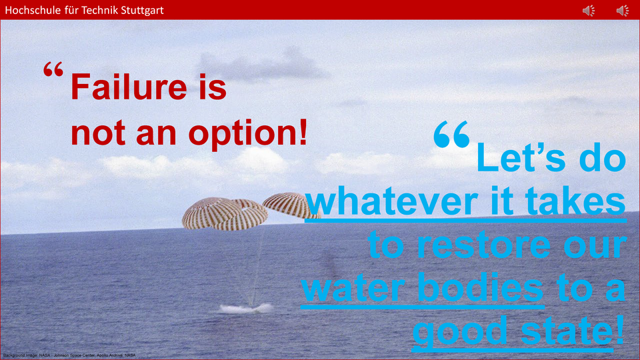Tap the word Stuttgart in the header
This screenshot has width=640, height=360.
tap(140, 10)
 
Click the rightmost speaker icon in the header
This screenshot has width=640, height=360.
tap(622, 10)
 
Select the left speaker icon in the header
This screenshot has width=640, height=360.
tap(588, 10)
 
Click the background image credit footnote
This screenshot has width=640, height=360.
tap(69, 355)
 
